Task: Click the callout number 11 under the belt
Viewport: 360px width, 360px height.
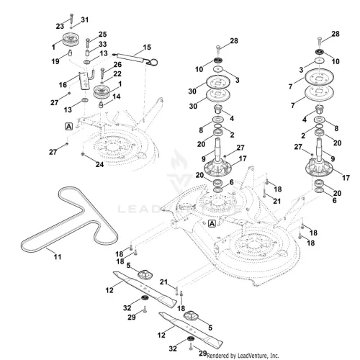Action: click(x=58, y=257)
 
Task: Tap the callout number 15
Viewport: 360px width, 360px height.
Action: click(x=147, y=48)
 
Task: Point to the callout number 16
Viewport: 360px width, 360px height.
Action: click(x=63, y=85)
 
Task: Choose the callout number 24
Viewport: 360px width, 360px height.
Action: click(x=99, y=165)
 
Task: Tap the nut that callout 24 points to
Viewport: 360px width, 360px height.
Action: click(x=83, y=154)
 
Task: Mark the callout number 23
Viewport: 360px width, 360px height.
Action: click(x=60, y=26)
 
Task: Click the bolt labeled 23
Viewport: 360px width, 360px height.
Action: click(x=71, y=19)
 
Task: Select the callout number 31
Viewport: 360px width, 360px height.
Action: click(x=85, y=19)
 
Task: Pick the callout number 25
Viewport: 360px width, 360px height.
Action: click(x=102, y=35)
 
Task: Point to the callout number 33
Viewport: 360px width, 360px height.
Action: click(x=102, y=44)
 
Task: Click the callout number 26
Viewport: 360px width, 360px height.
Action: click(x=117, y=64)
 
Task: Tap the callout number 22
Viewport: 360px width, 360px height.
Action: click(x=117, y=73)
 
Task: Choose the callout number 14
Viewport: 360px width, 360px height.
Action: click(x=117, y=96)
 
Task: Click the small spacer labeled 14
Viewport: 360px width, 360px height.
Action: click(x=102, y=104)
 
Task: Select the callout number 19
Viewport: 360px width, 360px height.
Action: click(x=55, y=61)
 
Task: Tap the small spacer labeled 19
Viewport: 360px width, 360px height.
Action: click(x=70, y=53)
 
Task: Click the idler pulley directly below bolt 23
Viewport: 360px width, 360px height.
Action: click(x=71, y=40)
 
